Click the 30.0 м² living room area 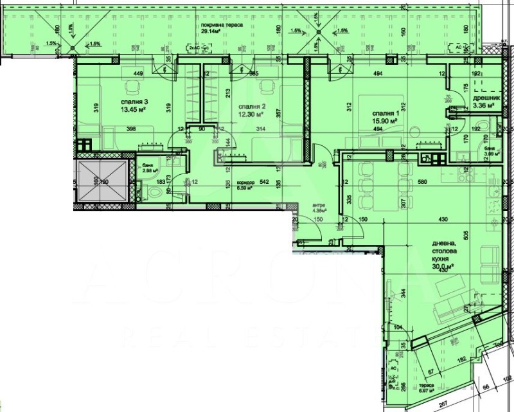coord(443,265)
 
